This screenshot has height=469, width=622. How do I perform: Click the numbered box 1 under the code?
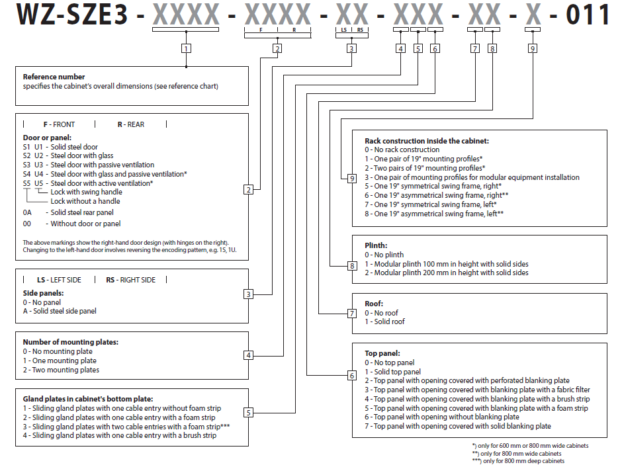point(187,48)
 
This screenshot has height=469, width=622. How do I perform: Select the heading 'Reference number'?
point(54,77)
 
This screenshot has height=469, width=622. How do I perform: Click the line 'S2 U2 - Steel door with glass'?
point(68,156)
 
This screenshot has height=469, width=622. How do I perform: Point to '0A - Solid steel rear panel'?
point(68,212)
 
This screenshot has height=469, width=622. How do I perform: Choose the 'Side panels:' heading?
point(43,292)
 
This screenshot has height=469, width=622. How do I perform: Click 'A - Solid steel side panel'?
point(60,311)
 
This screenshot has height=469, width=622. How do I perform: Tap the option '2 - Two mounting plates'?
point(61,370)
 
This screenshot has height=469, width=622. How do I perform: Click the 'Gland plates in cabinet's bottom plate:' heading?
point(89,399)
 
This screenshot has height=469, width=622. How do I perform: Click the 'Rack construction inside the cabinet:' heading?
point(427,141)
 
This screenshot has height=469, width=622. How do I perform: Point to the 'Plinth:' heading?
point(376,245)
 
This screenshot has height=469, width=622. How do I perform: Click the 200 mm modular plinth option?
point(447,273)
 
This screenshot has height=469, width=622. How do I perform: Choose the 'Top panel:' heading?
point(382,353)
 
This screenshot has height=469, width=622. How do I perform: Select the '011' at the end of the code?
point(588,15)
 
